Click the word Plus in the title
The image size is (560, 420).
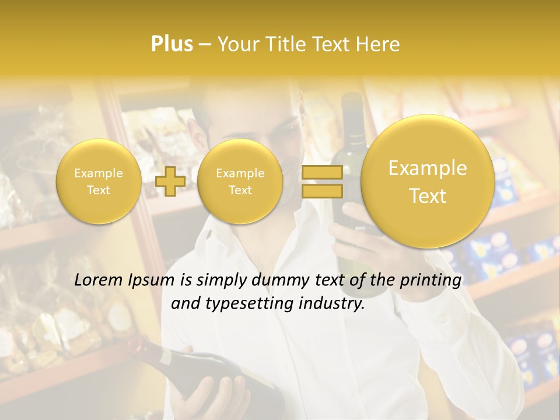[171, 44]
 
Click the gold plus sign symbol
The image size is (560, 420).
[170, 181]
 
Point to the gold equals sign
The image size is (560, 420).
[321, 181]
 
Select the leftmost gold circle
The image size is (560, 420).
[98, 181]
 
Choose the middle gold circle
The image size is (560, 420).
[240, 181]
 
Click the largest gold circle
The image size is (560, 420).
[428, 181]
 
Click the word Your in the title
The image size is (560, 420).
[237, 44]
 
